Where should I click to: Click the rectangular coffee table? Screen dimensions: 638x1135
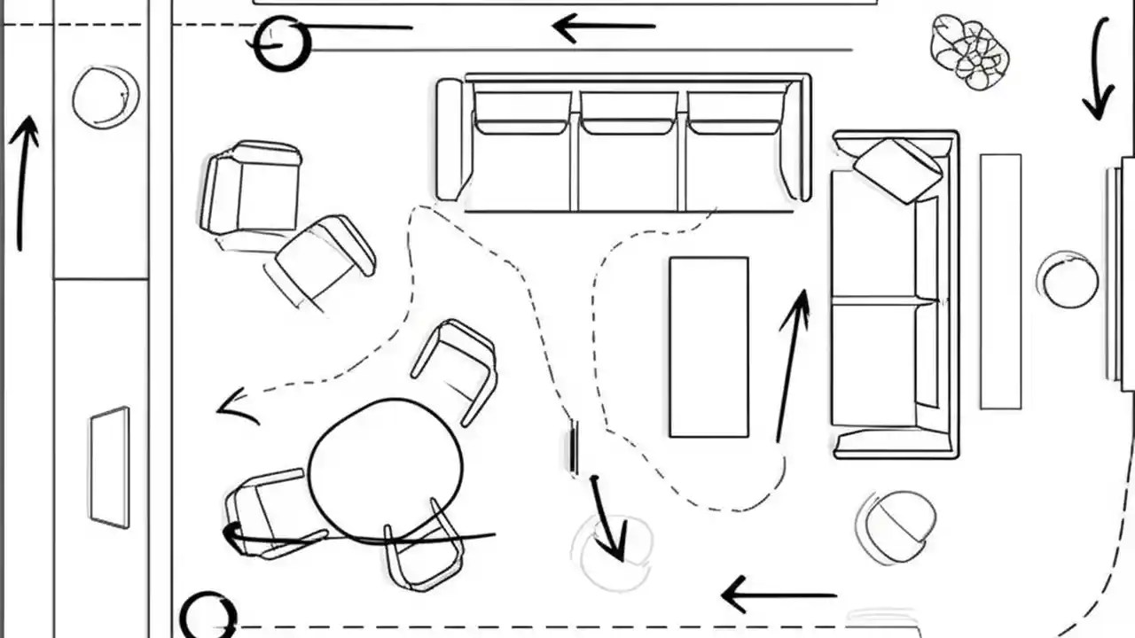point(708,346)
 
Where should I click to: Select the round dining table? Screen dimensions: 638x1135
point(386,471)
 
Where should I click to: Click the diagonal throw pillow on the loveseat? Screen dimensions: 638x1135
point(897,169)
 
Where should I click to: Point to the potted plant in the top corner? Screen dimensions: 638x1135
point(969,52)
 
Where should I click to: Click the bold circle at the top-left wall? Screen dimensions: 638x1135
point(282,43)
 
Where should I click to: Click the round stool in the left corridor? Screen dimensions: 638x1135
point(106,97)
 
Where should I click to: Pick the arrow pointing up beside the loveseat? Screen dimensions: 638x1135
point(793,363)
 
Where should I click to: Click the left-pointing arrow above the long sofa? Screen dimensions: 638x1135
point(603,27)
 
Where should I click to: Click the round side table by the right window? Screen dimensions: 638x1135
point(1069,281)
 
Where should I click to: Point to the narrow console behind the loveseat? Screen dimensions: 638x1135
point(1000,282)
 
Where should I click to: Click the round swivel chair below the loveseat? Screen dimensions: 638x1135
point(896,527)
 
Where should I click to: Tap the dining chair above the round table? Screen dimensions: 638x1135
point(456,368)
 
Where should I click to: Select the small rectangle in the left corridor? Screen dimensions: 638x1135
point(110,467)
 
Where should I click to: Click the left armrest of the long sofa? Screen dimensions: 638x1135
point(449,139)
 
